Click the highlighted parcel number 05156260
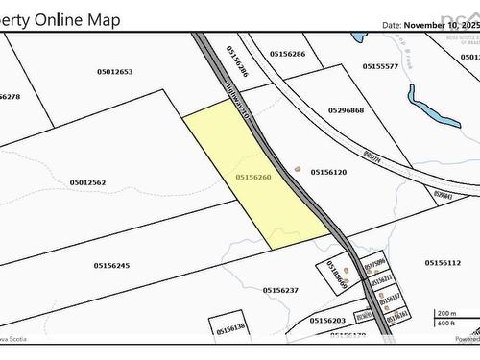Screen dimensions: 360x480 tap(253, 177)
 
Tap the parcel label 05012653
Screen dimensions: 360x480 tap(114, 72)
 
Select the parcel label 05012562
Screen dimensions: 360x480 tap(87, 182)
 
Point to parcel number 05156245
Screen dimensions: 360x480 tap(111, 265)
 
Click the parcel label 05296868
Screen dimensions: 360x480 tap(346, 110)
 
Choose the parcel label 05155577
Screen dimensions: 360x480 tap(380, 66)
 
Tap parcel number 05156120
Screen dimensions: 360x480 tap(328, 172)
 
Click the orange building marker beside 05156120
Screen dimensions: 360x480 tap(297, 169)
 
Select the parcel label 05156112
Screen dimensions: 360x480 tap(443, 262)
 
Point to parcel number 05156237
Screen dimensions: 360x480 tap(281, 289)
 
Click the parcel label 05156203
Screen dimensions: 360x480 tap(327, 320)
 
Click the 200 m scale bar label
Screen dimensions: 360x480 tap(447, 314)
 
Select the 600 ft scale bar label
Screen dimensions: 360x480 tap(445, 323)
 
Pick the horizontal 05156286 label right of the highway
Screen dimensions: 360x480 tap(286, 54)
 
